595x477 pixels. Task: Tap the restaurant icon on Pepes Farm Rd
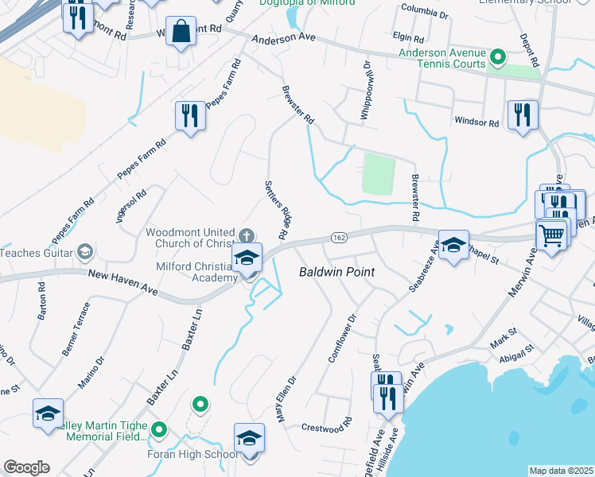pos(190,116)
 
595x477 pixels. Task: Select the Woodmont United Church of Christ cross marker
pos(247,235)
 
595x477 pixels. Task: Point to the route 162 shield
pos(338,238)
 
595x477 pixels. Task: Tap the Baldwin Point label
pos(336,272)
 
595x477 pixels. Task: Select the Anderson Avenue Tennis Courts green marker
pos(498,56)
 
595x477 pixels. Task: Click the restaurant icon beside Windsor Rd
pos(522,114)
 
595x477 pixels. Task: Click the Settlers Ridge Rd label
pos(275,209)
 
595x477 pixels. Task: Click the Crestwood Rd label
pos(326,427)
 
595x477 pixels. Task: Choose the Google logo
pos(27,467)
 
